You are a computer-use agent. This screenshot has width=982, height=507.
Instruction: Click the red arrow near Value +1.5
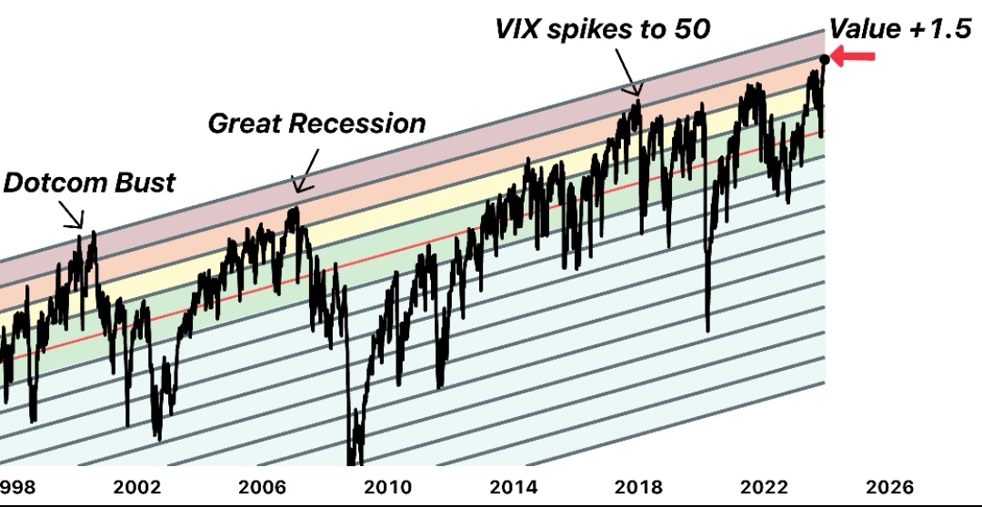(854, 58)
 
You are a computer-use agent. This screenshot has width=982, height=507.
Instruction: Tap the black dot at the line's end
(825, 61)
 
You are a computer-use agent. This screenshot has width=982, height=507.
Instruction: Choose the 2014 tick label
(513, 487)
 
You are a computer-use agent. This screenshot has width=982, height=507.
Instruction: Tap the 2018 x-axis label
(638, 487)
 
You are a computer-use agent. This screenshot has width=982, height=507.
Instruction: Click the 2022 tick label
(764, 487)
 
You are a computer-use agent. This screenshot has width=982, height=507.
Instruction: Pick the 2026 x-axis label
(889, 487)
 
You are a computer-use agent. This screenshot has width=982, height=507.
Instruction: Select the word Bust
(145, 182)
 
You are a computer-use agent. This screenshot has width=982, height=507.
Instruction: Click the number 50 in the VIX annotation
(690, 28)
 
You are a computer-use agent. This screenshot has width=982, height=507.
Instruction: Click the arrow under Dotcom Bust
(72, 214)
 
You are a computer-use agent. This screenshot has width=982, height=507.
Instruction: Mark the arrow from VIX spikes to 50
(628, 72)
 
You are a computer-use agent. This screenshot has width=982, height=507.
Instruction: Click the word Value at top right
(865, 29)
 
